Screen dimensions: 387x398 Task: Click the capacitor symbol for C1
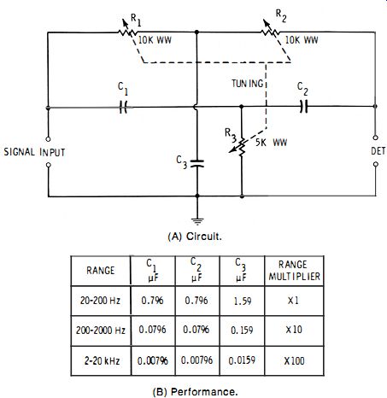point(123,108)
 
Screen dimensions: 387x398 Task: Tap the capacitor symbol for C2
point(304,107)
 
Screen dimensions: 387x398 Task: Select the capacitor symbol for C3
point(196,163)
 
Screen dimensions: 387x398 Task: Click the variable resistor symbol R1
point(126,29)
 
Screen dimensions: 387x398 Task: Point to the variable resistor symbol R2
point(269,29)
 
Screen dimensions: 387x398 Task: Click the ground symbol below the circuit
point(197,221)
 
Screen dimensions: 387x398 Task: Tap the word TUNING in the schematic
point(247,84)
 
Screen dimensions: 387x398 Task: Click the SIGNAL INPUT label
point(34,152)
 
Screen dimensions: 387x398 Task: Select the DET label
point(378,151)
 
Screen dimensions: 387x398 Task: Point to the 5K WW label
point(271,143)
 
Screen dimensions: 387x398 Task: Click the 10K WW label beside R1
point(155,40)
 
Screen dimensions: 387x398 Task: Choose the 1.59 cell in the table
point(243,301)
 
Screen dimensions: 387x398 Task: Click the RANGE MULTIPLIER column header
point(295,271)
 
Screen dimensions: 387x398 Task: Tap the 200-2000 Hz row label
point(101,331)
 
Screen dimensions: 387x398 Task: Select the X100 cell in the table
point(294,361)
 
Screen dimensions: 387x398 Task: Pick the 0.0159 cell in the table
point(242,360)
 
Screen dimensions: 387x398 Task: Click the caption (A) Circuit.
point(195,237)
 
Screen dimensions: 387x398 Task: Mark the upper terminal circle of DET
point(376,138)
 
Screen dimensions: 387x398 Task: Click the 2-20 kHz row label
point(102,361)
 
